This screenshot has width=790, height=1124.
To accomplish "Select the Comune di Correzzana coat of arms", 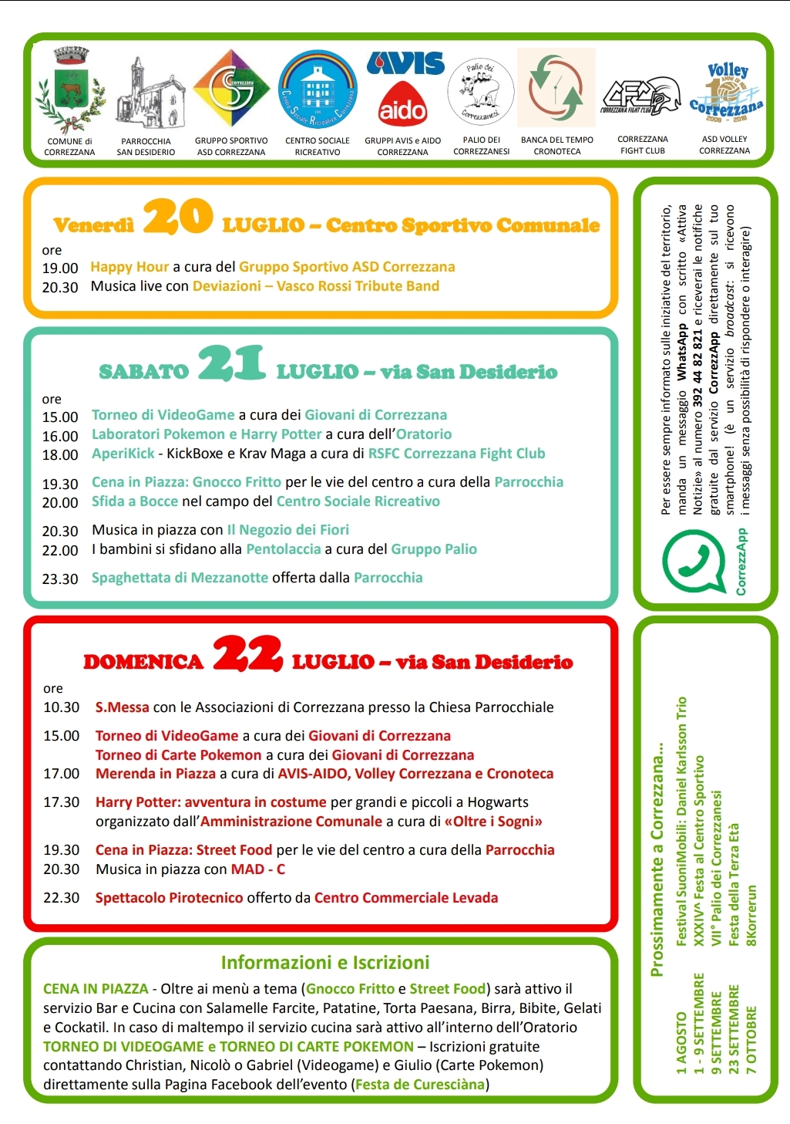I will click(x=70, y=89).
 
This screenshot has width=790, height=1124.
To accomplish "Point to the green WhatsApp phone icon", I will click(x=694, y=559).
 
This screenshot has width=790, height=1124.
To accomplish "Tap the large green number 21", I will click(x=231, y=363).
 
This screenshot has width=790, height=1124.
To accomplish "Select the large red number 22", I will click(x=247, y=653).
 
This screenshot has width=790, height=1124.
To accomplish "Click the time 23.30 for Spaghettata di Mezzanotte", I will click(x=60, y=579).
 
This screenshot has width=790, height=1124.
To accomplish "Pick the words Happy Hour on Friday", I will click(x=129, y=267).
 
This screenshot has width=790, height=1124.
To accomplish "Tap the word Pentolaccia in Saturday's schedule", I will click(x=283, y=549).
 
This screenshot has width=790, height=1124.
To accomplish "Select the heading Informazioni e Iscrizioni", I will click(x=324, y=963).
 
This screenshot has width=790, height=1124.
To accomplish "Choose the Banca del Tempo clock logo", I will click(x=556, y=89).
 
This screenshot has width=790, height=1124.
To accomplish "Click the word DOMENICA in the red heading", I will click(x=143, y=662).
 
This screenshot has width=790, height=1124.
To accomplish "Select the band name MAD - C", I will click(x=258, y=869).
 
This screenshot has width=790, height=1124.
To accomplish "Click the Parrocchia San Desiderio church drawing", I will click(x=146, y=91).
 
